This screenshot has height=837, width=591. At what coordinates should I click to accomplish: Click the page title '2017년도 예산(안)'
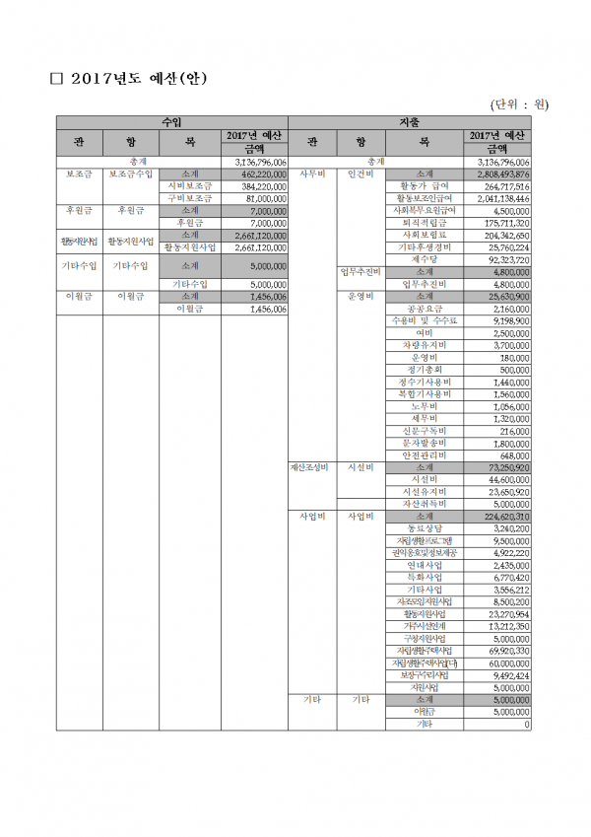pos(137,79)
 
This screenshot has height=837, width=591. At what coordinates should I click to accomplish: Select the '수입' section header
pos(171,122)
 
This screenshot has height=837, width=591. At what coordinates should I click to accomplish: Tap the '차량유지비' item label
pos(425,345)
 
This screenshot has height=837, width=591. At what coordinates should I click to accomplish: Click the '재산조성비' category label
pos(311,466)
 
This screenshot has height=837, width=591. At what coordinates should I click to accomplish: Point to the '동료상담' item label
pos(425,528)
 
